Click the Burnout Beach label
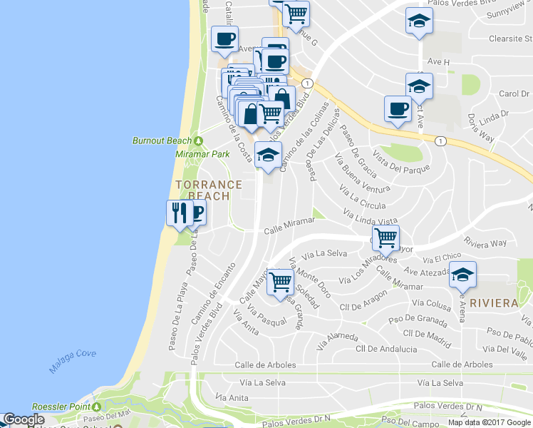coord(162,141)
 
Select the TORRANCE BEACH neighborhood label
coord(202,190)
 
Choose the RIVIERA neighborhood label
coord(494,303)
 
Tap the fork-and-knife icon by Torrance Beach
coord(178,213)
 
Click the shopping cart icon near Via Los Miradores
coord(385,237)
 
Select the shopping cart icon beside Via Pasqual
coord(280,281)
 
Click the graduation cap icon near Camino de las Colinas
coord(268,155)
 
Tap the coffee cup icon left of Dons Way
coord(398,109)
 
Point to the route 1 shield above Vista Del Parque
coord(441,141)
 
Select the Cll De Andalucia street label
coord(387,349)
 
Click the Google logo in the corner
coord(24,420)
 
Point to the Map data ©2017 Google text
coord(490,422)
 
